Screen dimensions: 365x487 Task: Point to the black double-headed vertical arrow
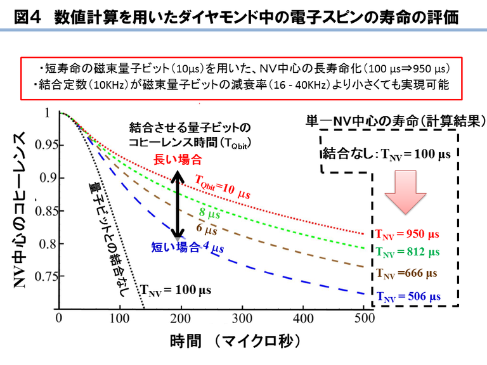pos(180,204)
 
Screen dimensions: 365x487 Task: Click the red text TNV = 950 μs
pos(406,233)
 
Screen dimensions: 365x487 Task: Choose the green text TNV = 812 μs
pos(408,252)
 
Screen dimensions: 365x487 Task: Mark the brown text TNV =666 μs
pos(406,274)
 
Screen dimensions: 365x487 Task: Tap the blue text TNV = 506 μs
pos(408,295)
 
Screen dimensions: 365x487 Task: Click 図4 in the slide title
pos(27,16)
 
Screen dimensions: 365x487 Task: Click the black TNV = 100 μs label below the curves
pos(175,291)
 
